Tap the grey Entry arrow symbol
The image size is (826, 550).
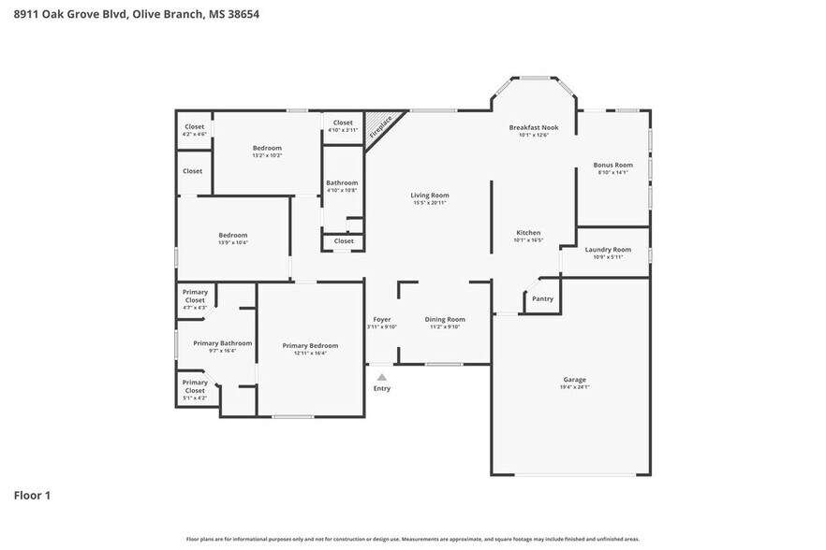coord(381,377)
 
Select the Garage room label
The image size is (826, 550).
coord(575,379)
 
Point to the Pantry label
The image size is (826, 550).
coord(542,299)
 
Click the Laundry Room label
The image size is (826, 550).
coord(608,250)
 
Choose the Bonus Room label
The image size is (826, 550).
coord(613,165)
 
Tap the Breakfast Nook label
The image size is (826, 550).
coord(533,127)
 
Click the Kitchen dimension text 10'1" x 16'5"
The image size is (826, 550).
coord(528,240)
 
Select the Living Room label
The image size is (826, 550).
coord(428,195)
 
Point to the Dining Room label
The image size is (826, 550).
coord(445,319)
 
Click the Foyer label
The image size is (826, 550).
coord(382,319)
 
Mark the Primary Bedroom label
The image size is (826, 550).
coord(310,345)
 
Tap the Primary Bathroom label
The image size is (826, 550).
coord(222,343)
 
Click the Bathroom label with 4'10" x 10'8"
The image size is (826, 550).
coord(342,182)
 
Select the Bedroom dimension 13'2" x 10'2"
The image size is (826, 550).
coord(267,155)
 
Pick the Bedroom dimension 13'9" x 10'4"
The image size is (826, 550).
coord(233,242)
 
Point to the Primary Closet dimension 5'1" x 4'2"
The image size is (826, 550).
coord(195,398)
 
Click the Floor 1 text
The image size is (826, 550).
coord(31,495)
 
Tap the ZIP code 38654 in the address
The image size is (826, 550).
coord(241,14)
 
